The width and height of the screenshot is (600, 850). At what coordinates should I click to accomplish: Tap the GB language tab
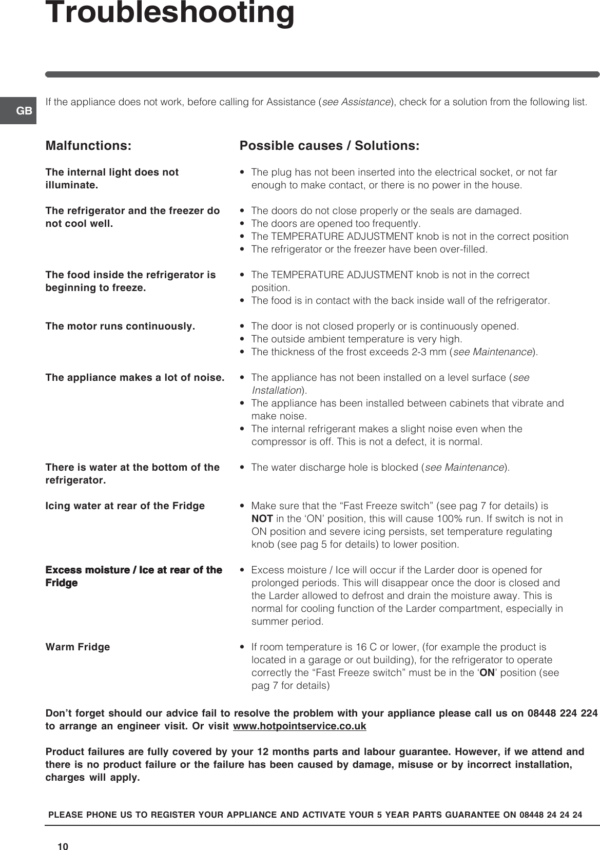[x=24, y=111]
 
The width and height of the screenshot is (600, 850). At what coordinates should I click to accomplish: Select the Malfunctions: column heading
[x=88, y=146]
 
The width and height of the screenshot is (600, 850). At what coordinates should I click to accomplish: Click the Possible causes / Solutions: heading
[x=329, y=146]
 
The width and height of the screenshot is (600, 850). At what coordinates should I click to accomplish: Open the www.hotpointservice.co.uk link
[x=299, y=726]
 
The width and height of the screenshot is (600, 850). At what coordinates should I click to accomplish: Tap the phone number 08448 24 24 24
[x=550, y=815]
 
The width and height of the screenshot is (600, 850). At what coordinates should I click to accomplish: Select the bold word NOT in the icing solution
[x=262, y=519]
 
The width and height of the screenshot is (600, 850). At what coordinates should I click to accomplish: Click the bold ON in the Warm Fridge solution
[x=487, y=673]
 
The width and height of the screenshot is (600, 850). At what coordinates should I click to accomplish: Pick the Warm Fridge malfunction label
[x=78, y=647]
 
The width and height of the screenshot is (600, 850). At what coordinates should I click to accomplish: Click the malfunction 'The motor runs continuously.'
[x=120, y=326]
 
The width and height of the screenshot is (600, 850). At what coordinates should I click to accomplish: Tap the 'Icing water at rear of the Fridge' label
[x=125, y=506]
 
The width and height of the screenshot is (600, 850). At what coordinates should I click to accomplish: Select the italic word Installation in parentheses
[x=276, y=391]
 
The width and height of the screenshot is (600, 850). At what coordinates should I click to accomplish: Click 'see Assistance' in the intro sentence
[x=356, y=102]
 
